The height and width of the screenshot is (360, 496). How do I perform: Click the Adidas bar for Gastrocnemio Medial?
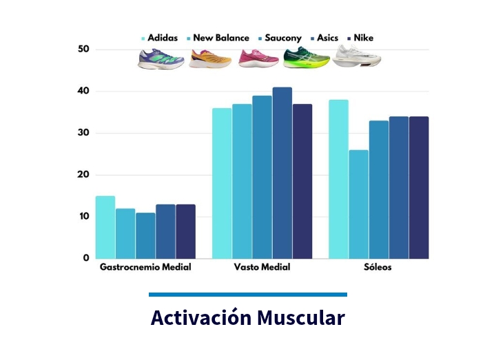coord(105,227)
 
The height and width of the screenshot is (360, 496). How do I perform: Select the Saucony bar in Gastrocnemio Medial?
coord(145,235)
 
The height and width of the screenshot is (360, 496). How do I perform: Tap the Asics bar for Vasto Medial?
coord(282,173)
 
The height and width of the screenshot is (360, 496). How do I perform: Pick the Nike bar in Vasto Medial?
coord(302,181)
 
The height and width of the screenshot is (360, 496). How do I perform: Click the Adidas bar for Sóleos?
coord(338,179)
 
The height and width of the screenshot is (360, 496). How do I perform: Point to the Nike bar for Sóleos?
coord(419,187)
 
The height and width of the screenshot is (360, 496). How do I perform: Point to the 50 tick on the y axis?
coord(84,50)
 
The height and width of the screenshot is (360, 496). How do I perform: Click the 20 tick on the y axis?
coord(84,175)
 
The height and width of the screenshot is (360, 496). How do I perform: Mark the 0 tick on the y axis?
coord(87,258)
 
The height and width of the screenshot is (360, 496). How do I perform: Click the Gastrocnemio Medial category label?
coord(145,267)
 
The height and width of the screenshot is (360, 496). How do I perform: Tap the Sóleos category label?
coord(378,267)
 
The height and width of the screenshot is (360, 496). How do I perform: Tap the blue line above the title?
coord(248,295)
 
